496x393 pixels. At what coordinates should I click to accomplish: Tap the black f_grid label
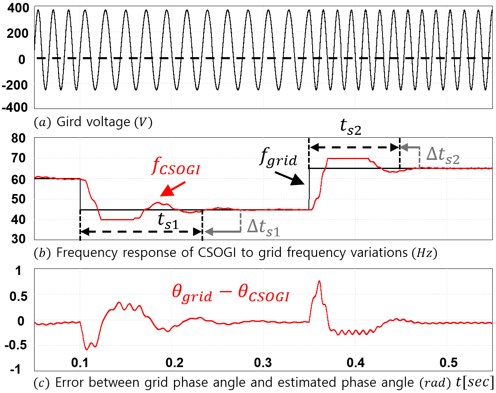pyautogui.click(x=278, y=157)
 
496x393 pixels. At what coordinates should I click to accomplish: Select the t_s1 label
pyautogui.click(x=168, y=222)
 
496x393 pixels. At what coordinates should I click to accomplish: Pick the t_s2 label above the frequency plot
pyautogui.click(x=350, y=127)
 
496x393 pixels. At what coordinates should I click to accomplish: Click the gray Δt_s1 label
pyautogui.click(x=264, y=228)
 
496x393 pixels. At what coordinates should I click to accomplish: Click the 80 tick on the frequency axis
pyautogui.click(x=18, y=138)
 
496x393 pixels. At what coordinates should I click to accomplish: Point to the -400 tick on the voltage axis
pyautogui.click(x=15, y=108)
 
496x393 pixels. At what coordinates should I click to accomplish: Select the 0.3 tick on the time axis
pyautogui.click(x=263, y=363)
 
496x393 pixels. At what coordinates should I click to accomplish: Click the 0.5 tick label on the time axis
pyautogui.click(x=448, y=363)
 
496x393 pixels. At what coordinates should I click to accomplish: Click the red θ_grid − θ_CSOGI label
pyautogui.click(x=230, y=294)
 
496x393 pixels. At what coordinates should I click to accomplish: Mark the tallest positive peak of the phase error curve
pyautogui.click(x=319, y=281)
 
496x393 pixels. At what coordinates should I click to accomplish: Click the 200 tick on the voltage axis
pyautogui.click(x=18, y=34)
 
